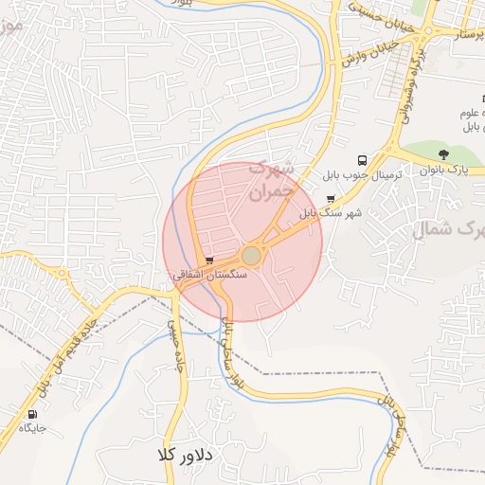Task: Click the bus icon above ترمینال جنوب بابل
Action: (361, 160)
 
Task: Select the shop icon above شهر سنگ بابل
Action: (330, 199)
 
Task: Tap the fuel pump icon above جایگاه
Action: (35, 414)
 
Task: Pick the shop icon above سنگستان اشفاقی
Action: (208, 259)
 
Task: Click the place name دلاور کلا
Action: (189, 456)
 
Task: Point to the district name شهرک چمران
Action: (272, 181)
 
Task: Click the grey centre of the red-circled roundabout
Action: (251, 256)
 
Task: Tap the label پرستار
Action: (465, 35)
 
